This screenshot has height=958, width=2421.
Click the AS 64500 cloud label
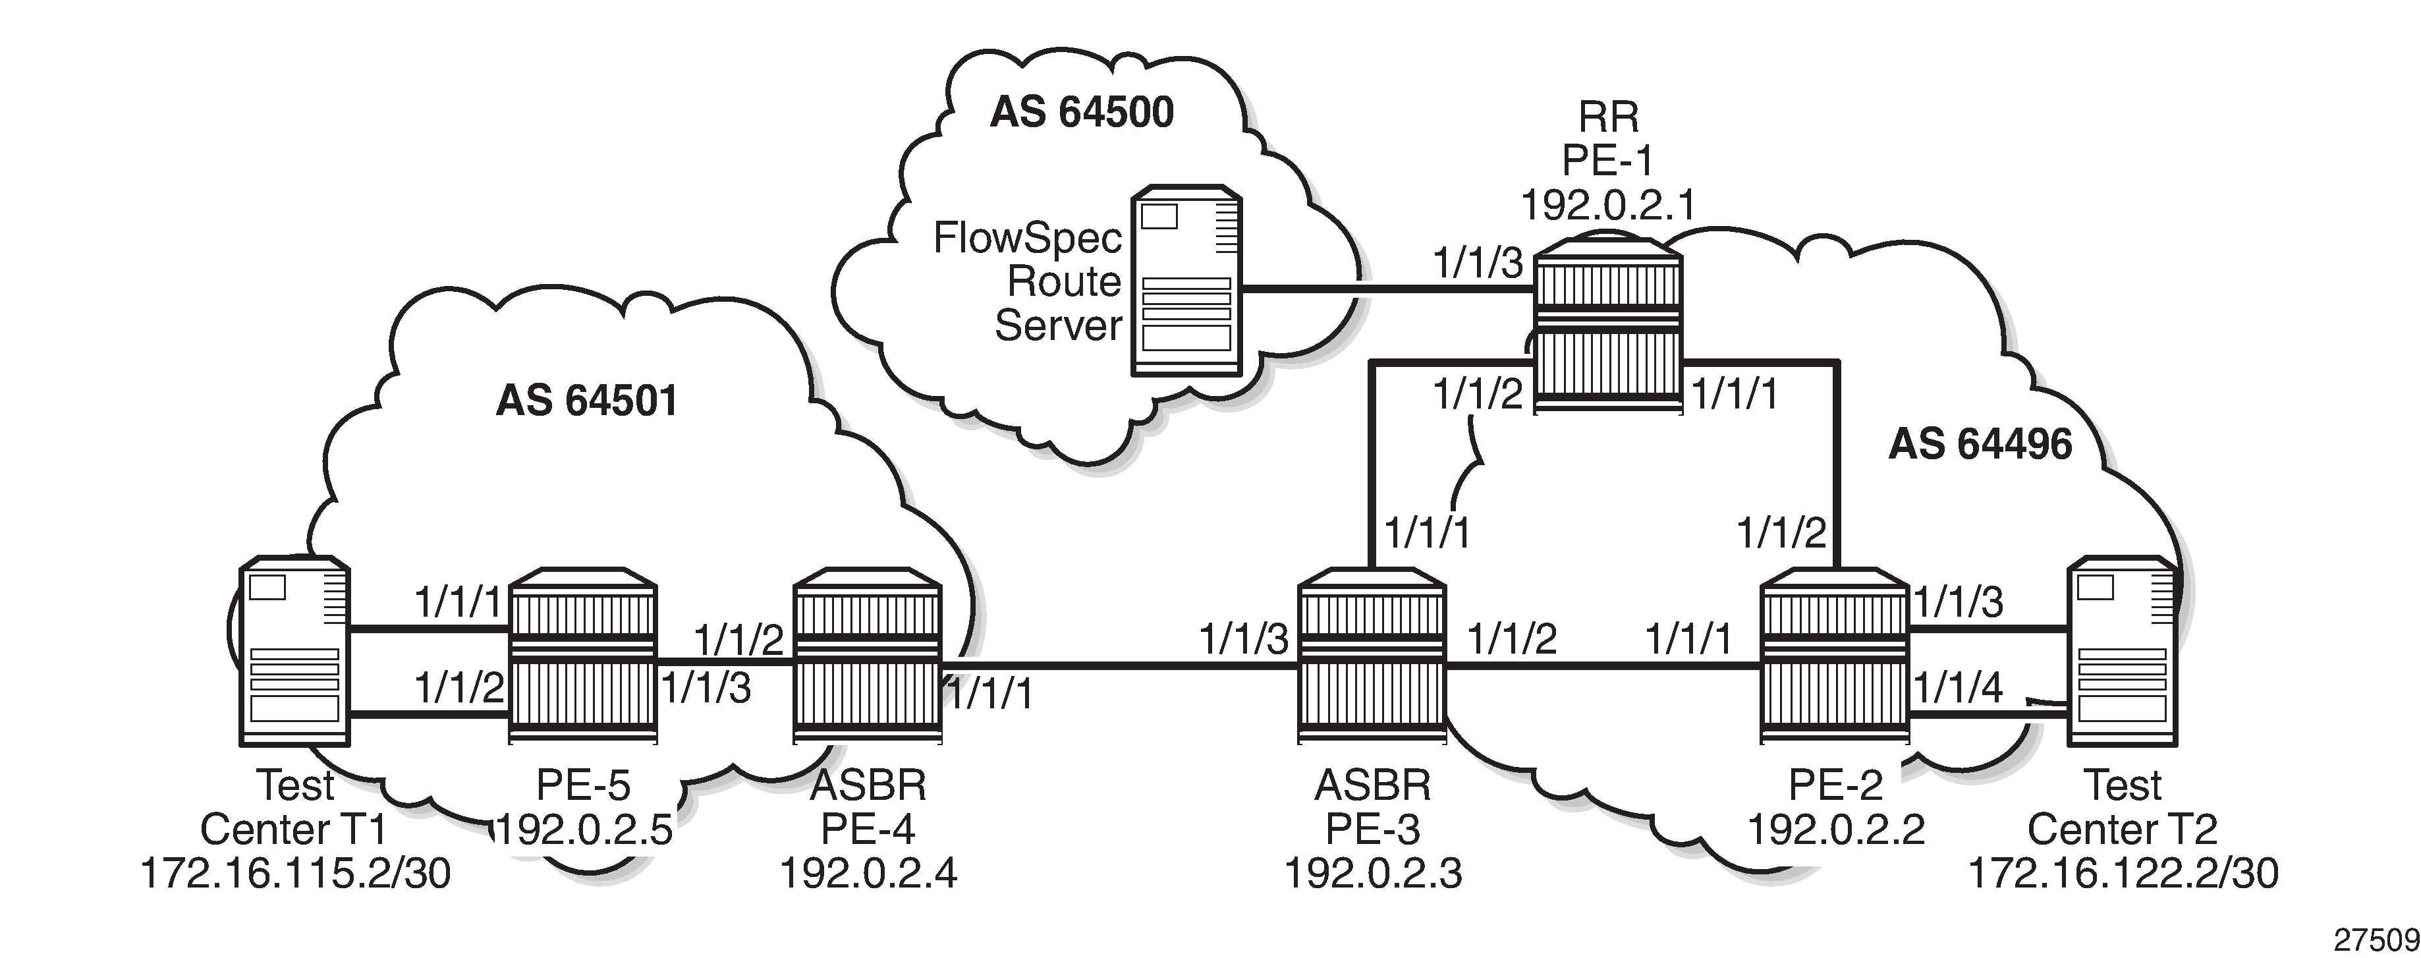point(1082,113)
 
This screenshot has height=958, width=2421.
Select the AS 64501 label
point(586,401)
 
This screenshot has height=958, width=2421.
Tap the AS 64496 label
point(1980,445)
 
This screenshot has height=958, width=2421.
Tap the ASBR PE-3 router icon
point(1371,656)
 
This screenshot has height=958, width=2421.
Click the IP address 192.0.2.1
point(1608,205)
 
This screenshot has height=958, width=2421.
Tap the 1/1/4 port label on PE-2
point(1959,687)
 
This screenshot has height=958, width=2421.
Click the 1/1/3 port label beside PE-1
point(1478,264)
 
